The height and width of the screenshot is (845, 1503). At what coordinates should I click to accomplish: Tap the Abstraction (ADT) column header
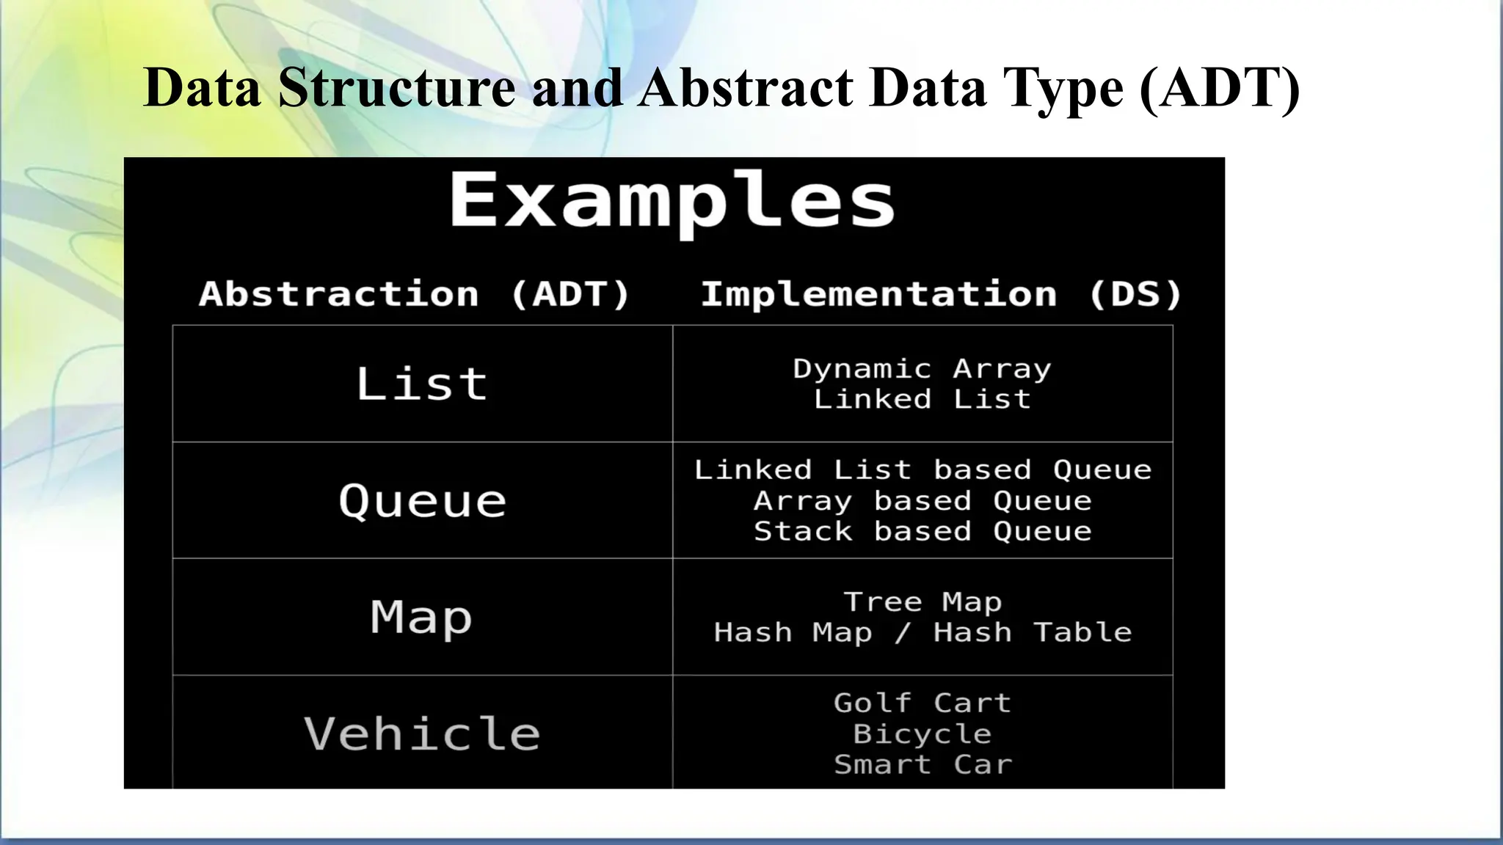415,294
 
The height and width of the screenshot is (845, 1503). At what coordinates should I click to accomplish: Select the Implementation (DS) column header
941,294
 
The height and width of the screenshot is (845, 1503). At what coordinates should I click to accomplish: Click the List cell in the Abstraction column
422,384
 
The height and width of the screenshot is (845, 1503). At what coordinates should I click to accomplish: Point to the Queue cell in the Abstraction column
422,501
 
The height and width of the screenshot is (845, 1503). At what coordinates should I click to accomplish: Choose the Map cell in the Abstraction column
422,617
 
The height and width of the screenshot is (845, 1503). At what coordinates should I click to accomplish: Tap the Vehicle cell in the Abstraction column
422,733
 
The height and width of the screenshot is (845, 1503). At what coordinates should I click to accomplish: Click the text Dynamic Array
922,368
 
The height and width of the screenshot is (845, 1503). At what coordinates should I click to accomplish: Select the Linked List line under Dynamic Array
922,399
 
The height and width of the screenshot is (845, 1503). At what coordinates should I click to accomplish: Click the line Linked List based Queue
922,469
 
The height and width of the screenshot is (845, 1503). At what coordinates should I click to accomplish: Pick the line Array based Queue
922,501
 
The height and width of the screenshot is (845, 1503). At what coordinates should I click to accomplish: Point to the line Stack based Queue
922,531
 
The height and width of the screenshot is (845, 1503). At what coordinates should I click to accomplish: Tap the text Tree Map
922,601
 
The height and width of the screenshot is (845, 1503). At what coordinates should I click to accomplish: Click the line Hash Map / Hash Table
922,632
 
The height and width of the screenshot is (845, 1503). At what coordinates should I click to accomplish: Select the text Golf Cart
922,703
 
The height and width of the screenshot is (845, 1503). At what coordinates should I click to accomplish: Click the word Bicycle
922,734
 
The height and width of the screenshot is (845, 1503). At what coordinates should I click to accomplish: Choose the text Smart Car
922,764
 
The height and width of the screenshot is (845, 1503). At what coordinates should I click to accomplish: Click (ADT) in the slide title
1220,88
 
